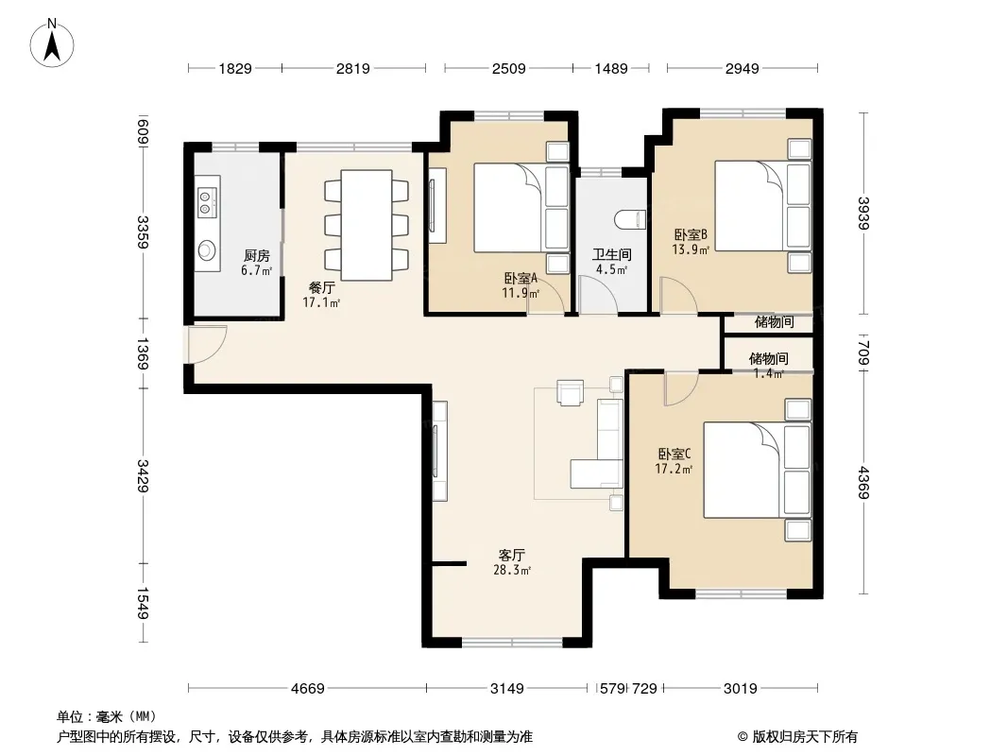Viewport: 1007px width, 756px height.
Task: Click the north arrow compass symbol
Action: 52,43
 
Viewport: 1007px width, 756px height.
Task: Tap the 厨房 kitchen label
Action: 257,256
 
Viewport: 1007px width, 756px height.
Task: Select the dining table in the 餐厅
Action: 367,225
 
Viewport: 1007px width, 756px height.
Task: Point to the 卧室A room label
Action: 521,279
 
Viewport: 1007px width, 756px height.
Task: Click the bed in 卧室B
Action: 763,206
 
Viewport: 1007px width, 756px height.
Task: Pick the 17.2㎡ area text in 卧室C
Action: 674,469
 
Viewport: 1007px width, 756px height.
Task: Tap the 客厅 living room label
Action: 512,555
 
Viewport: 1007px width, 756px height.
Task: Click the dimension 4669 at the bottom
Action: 308,689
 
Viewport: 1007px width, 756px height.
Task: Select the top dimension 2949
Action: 742,68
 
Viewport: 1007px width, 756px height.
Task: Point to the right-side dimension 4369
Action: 863,482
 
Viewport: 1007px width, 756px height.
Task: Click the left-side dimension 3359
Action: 143,232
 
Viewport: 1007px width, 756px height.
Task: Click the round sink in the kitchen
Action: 206,250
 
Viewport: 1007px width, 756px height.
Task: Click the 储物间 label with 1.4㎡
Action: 769,366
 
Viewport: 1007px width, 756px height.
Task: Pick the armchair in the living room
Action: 571,393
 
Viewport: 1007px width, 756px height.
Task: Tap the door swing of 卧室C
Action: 681,389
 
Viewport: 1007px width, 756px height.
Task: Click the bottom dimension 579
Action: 612,689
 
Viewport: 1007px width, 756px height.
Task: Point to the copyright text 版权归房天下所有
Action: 804,737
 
